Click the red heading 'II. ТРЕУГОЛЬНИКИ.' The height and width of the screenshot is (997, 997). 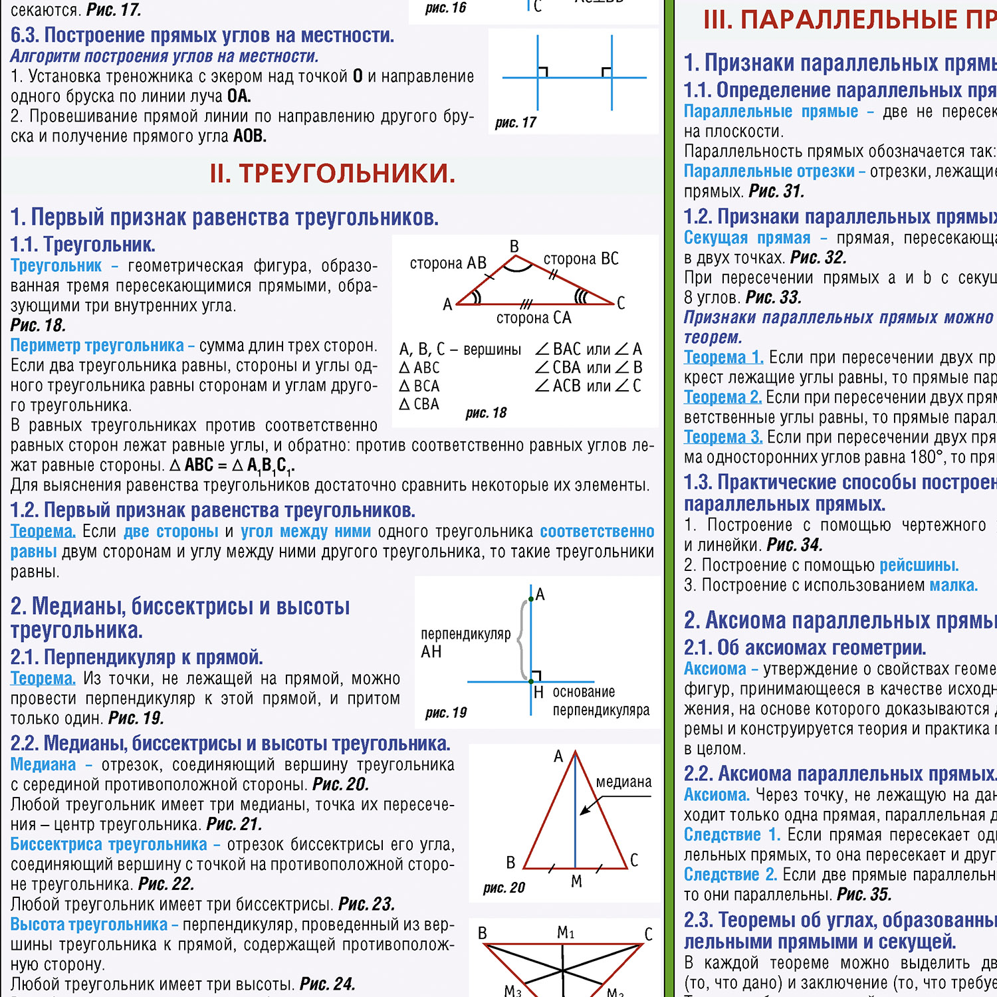[x=332, y=173]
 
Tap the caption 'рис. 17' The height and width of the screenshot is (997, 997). [x=515, y=122]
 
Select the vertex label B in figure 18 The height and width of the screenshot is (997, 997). [x=514, y=247]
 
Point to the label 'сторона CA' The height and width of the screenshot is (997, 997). [x=534, y=318]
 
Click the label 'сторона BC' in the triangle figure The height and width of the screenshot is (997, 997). [x=581, y=259]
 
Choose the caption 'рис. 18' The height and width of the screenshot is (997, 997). [x=486, y=413]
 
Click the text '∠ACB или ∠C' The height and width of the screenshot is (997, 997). [x=588, y=386]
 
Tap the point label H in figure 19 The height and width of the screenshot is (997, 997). [x=539, y=693]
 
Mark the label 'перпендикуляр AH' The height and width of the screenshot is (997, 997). [x=465, y=643]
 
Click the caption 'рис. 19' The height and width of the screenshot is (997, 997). [x=446, y=713]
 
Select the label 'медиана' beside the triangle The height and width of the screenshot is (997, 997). [x=623, y=782]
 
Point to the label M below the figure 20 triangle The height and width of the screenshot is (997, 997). [x=576, y=881]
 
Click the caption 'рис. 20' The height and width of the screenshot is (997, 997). [x=504, y=887]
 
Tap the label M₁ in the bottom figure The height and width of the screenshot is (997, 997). [x=566, y=933]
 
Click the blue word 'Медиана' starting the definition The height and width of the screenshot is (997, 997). [x=43, y=764]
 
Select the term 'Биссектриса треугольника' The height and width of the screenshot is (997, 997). [x=108, y=844]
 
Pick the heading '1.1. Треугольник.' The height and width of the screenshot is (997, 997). [x=82, y=245]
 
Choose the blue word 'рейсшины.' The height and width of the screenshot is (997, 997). [x=919, y=565]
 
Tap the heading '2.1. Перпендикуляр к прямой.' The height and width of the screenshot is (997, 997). [x=136, y=657]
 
